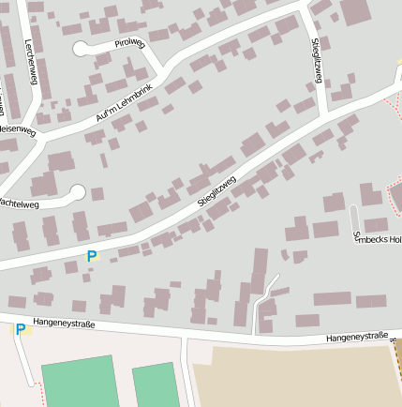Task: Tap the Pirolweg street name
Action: click(x=130, y=43)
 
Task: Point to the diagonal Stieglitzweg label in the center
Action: click(x=217, y=189)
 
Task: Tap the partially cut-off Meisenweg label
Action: click(x=17, y=129)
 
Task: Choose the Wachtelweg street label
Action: click(x=19, y=202)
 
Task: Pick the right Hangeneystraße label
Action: click(x=356, y=337)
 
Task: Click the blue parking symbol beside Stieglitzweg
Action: click(x=92, y=256)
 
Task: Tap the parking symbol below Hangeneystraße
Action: click(x=20, y=329)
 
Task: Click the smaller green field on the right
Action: click(x=155, y=386)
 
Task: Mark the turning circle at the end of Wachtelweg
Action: click(x=77, y=192)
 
